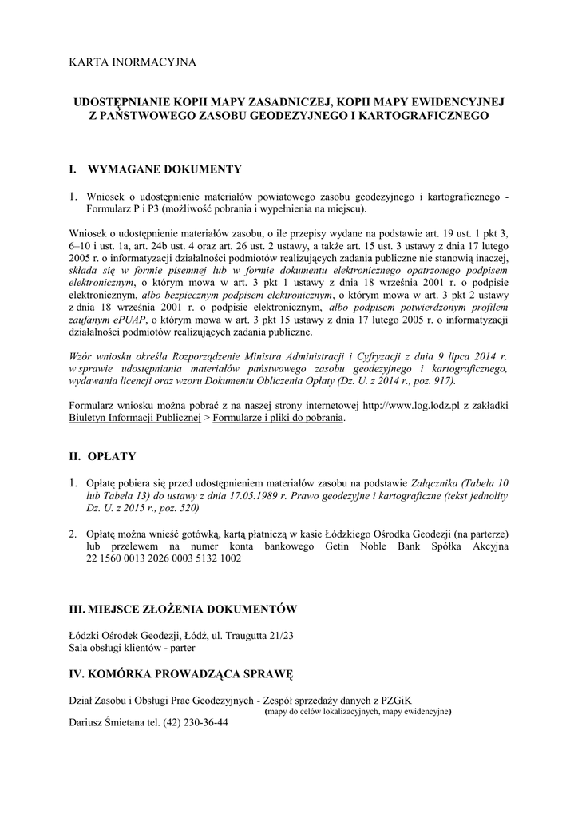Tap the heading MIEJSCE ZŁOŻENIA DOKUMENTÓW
[195, 610]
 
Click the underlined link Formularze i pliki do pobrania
[278, 418]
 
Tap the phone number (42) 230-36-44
[196, 722]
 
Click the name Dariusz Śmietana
[108, 722]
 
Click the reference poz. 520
[176, 509]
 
